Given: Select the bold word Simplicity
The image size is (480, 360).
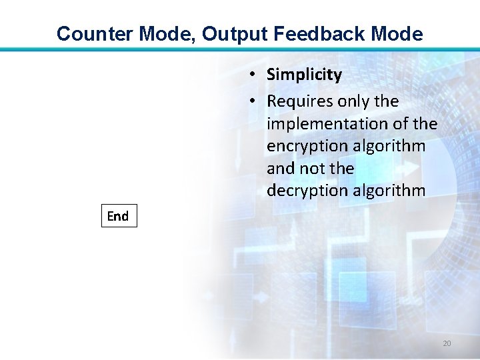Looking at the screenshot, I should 304,75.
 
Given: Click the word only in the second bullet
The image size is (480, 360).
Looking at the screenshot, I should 353,101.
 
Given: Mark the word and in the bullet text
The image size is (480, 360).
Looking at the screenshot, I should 280,168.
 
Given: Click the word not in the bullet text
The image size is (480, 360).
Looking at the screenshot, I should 312,168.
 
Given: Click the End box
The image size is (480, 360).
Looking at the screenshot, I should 119,216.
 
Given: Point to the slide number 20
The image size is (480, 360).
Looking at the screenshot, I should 447,343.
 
